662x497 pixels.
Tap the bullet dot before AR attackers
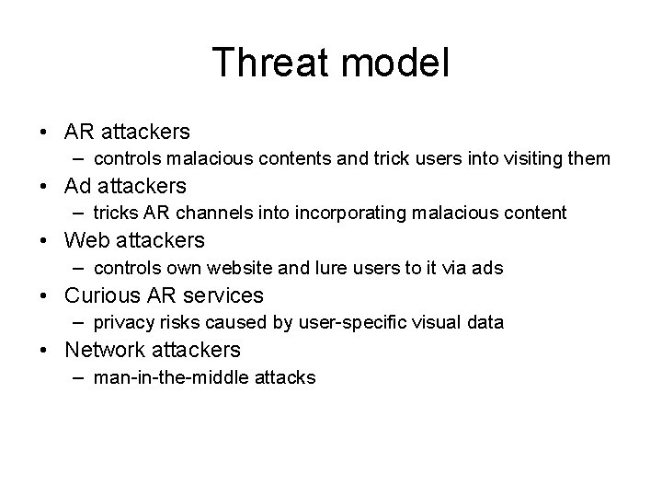point(44,132)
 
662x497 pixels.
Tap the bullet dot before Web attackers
point(44,241)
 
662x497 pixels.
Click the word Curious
point(104,295)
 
